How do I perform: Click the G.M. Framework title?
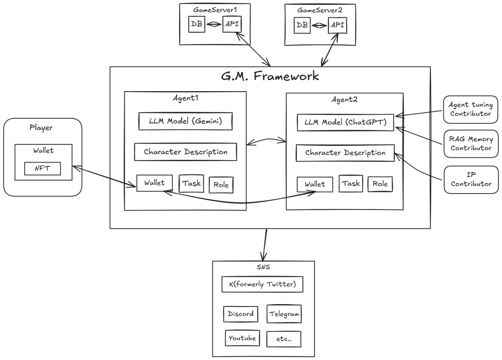270,76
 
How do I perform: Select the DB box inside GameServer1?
197,24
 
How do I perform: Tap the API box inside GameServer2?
337,25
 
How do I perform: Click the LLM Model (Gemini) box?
185,122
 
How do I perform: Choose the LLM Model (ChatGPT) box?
346,123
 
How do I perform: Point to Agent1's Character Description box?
185,152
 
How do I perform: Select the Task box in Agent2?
351,184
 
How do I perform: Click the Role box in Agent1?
221,184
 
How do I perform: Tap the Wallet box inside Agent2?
315,184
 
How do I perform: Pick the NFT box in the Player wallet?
42,169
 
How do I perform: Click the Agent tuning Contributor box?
471,109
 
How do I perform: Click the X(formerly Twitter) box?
262,284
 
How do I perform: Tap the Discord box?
241,314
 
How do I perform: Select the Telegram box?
284,314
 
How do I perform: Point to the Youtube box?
242,338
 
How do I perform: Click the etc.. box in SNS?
284,339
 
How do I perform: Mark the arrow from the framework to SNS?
264,245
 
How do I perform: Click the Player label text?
41,128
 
